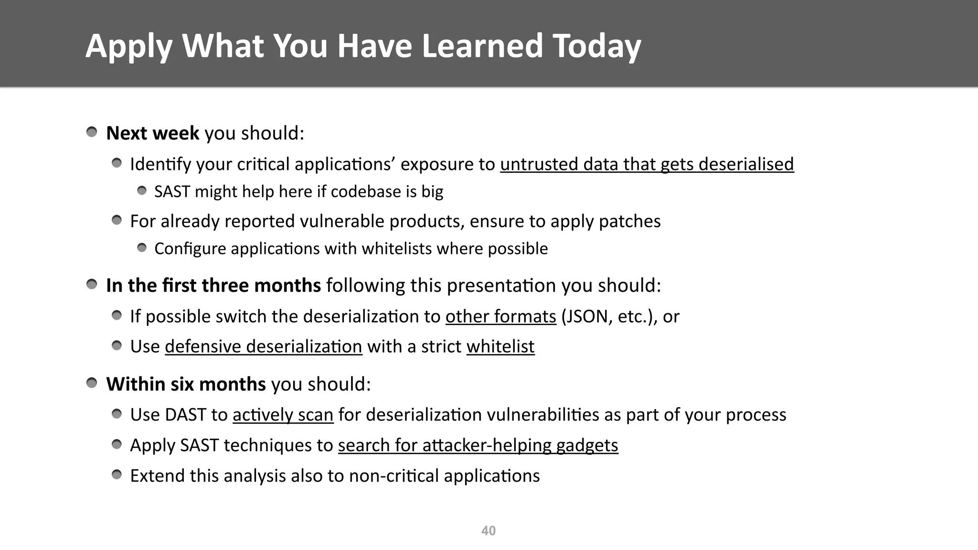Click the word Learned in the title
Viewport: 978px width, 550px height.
click(x=482, y=46)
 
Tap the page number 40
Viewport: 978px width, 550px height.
click(x=488, y=531)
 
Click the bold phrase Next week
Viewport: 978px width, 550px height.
click(x=152, y=133)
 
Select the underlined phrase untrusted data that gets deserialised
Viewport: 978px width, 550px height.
click(x=647, y=164)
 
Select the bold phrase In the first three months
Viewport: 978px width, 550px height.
click(x=213, y=286)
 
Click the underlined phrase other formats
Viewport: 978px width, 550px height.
click(x=500, y=317)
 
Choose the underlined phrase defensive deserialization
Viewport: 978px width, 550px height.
click(x=263, y=347)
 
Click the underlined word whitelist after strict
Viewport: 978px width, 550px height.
click(x=500, y=347)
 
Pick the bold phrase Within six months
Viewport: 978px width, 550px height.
click(x=186, y=384)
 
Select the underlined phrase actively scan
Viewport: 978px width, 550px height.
click(x=283, y=415)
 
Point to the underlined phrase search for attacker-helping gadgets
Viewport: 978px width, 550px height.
click(x=478, y=445)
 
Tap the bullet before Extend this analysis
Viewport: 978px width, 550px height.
click(x=117, y=475)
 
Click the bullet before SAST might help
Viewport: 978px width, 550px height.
click(x=142, y=191)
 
